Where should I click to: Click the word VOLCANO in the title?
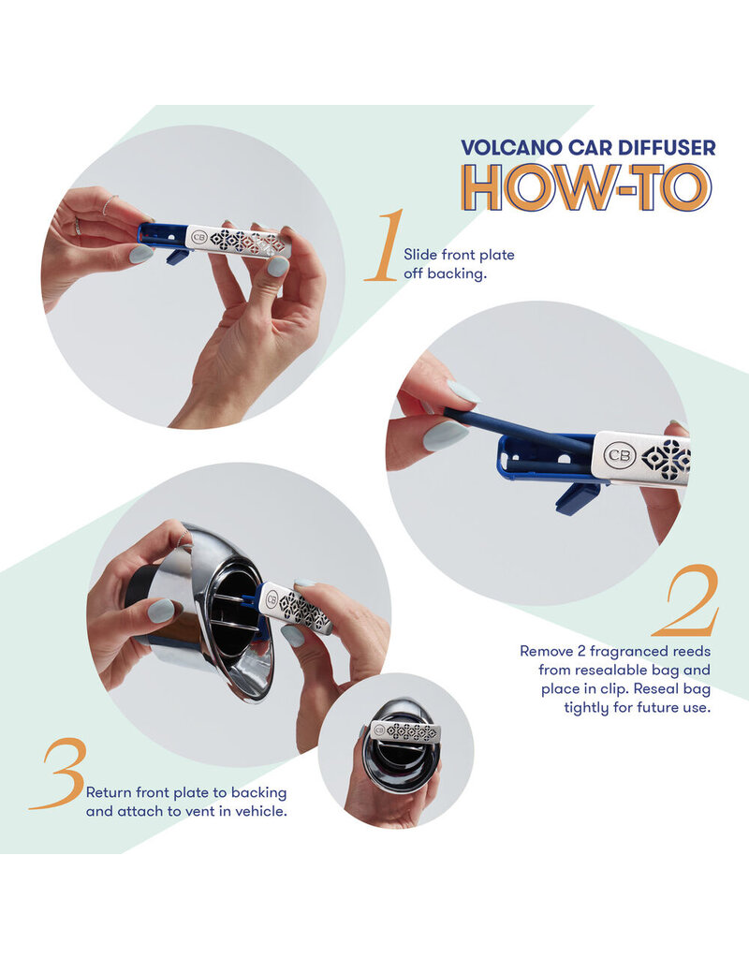(x=511, y=148)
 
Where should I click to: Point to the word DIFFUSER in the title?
(x=667, y=148)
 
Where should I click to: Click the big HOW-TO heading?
(x=587, y=187)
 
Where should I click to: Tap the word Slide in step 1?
(x=420, y=255)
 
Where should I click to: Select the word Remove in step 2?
(x=547, y=651)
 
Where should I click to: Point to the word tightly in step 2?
(x=586, y=708)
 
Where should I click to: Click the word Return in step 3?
(x=109, y=792)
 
